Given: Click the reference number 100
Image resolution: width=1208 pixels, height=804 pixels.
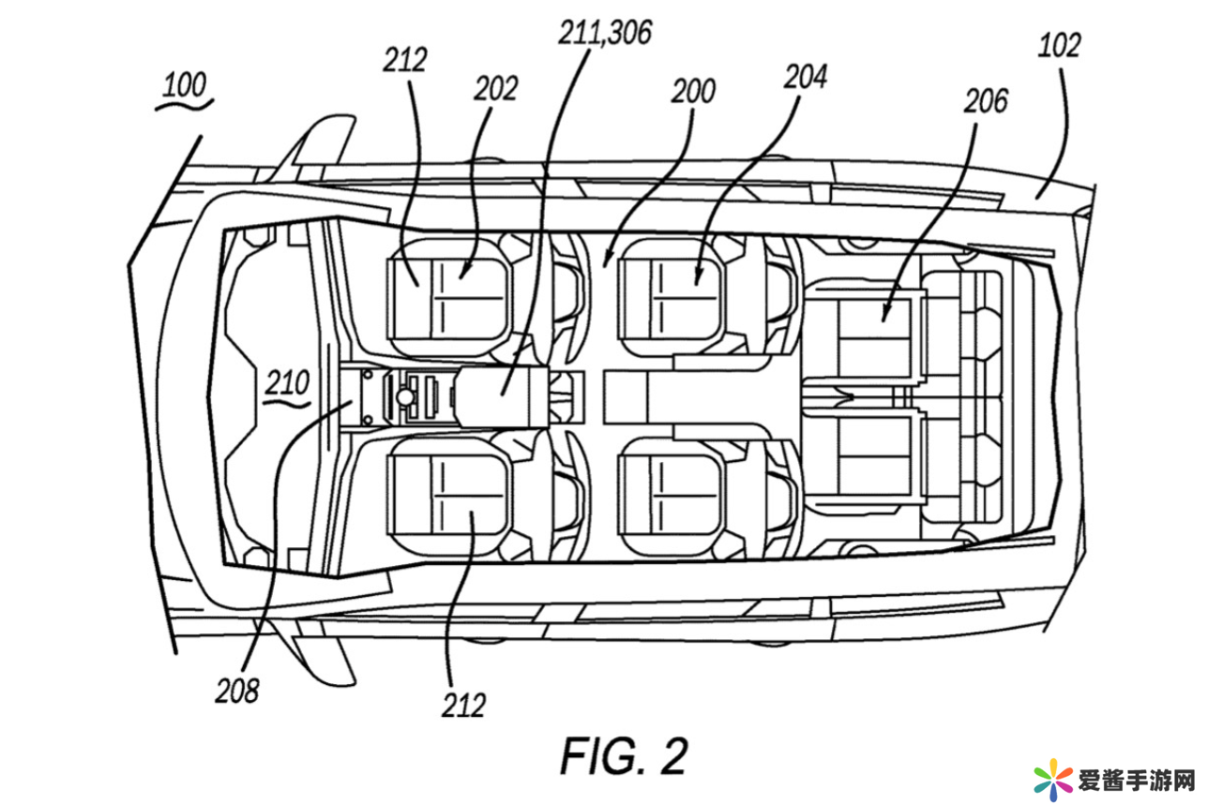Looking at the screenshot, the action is (185, 84).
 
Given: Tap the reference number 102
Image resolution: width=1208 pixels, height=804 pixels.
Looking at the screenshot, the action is (1059, 45).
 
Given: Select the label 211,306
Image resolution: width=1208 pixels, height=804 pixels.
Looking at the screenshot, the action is (605, 33).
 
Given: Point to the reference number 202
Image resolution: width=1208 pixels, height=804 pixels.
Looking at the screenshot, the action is (495, 88).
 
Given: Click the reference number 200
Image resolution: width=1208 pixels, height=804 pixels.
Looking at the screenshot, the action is (693, 91).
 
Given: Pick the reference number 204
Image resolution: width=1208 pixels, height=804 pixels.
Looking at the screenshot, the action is (805, 77).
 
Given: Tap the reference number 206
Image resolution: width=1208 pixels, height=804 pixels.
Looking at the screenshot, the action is (986, 101).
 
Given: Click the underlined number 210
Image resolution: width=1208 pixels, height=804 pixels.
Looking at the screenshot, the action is (287, 383).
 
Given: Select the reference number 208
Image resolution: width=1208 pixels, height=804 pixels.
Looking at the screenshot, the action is (236, 691).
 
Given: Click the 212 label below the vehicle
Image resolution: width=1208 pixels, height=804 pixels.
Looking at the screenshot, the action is (463, 705).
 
